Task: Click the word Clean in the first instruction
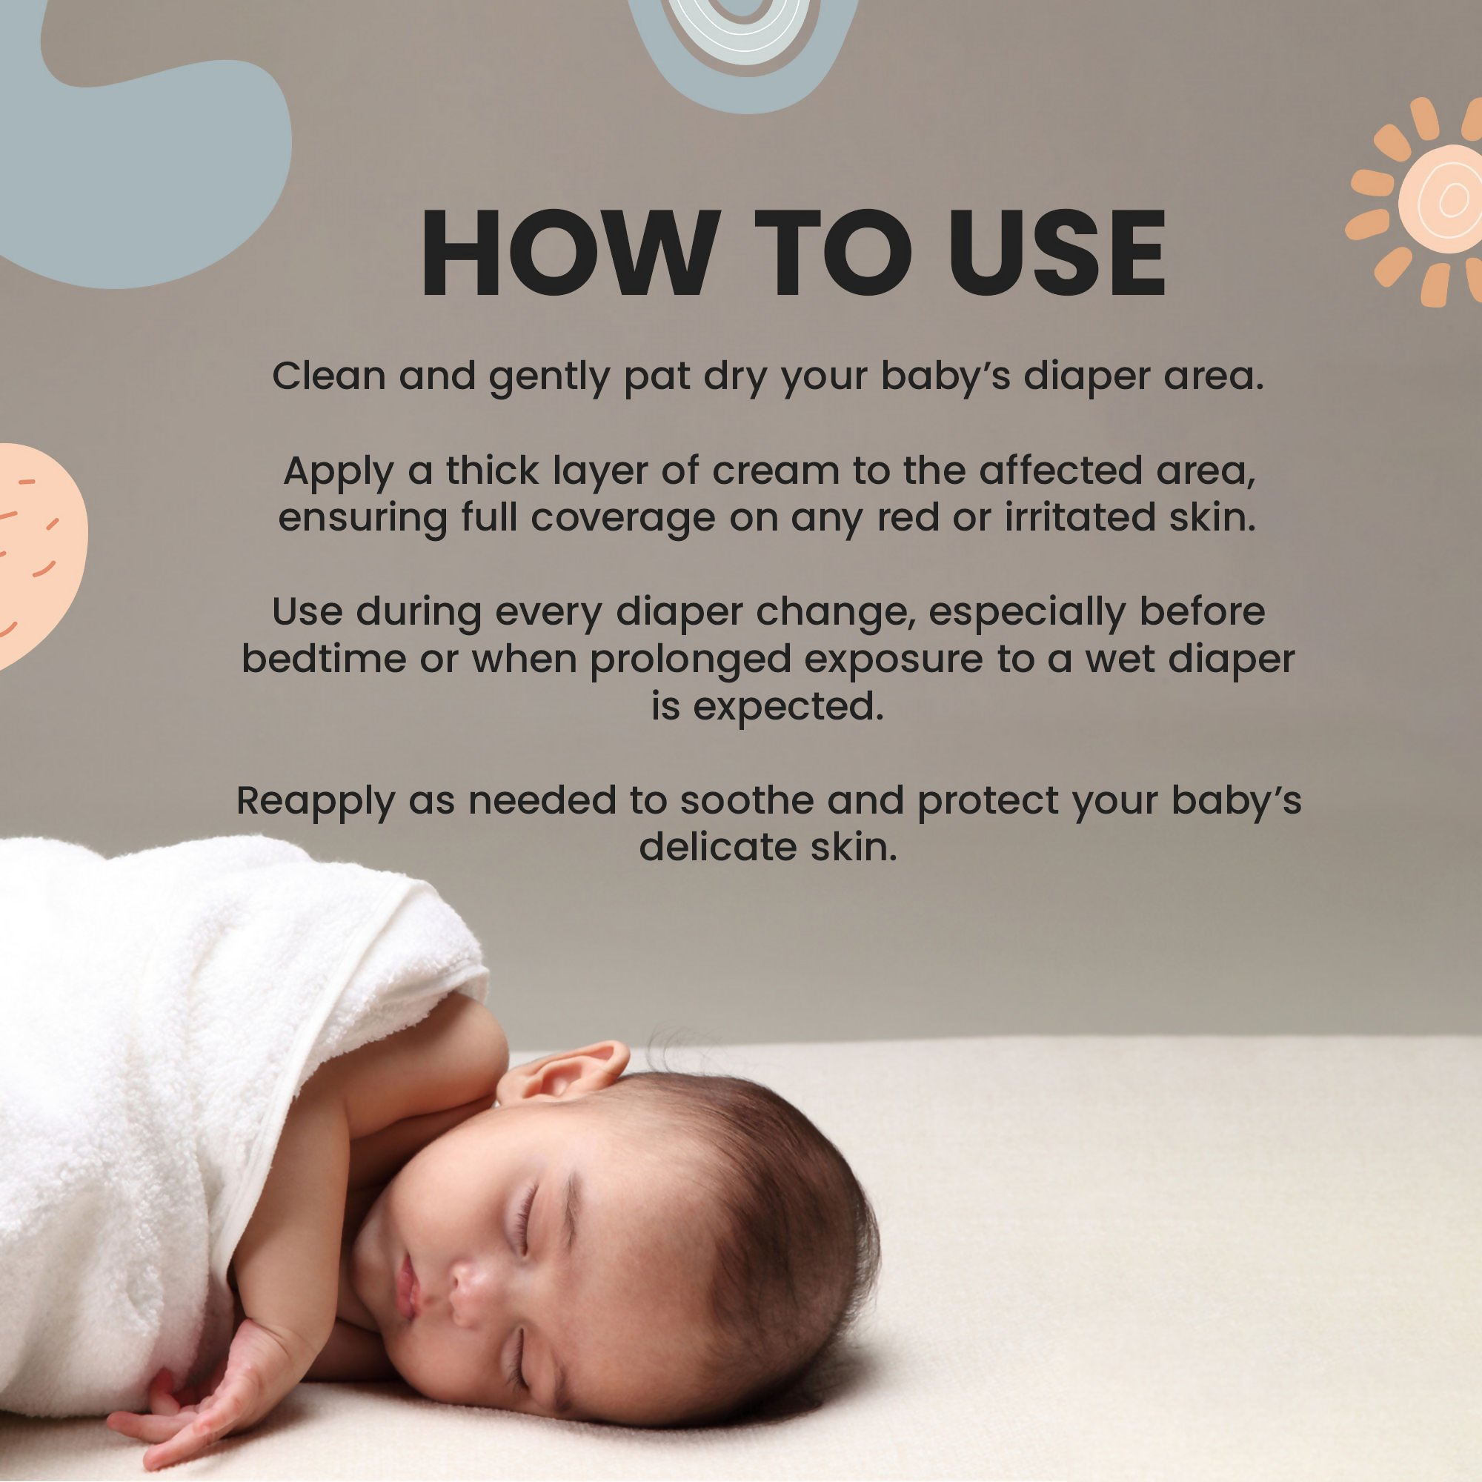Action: [329, 376]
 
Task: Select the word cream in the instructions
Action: [777, 471]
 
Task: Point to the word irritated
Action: [1080, 517]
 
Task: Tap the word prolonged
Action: [691, 660]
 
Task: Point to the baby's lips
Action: [407, 1286]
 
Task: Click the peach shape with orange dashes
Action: [39, 552]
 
